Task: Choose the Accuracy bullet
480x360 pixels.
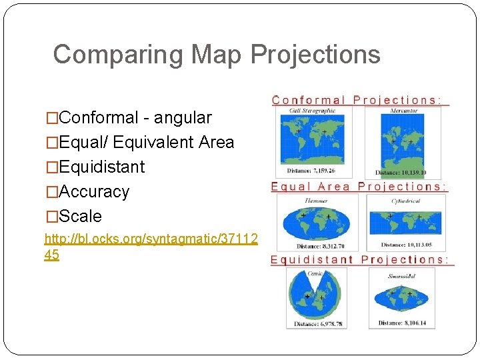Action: [x=93, y=191]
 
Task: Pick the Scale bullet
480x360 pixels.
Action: [x=80, y=216]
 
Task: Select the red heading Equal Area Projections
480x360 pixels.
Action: [x=358, y=187]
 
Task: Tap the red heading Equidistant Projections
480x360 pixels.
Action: [x=359, y=260]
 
